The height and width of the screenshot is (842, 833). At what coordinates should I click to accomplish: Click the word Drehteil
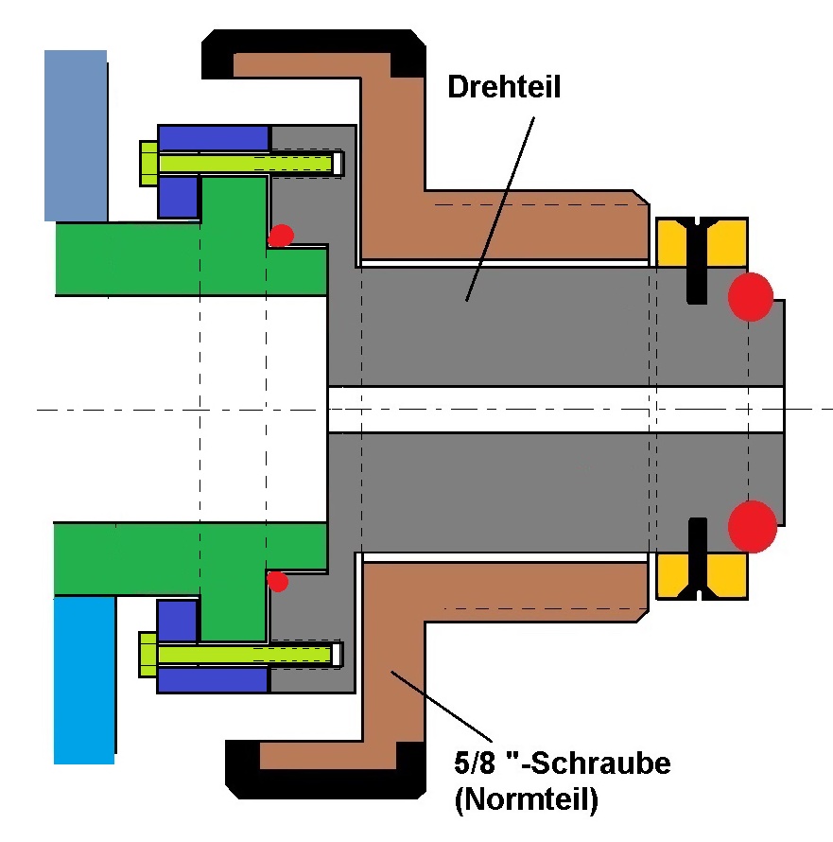[504, 88]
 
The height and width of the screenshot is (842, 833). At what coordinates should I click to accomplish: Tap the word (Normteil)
[526, 800]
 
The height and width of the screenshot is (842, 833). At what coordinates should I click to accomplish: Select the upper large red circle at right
[751, 296]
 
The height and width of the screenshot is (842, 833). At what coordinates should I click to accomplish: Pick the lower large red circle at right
[753, 526]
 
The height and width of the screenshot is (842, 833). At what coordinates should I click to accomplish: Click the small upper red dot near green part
[281, 236]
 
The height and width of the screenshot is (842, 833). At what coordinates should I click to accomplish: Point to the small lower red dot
[277, 580]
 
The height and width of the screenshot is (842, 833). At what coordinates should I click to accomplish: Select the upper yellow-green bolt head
[148, 163]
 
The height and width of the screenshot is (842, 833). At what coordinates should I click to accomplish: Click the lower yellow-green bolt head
[148, 654]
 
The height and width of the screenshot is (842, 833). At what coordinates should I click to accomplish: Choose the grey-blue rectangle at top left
[75, 135]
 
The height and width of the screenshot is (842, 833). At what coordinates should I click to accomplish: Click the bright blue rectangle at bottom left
[83, 679]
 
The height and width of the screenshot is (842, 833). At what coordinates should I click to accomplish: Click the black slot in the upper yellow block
[697, 260]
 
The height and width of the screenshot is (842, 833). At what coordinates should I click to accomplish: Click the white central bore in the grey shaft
[555, 410]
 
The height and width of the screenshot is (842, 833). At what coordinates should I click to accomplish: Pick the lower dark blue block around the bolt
[213, 680]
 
